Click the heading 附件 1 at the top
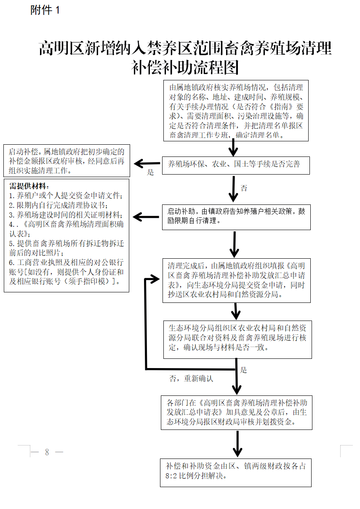coord(45,11)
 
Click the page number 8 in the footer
coord(47,452)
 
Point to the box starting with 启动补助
coord(236,217)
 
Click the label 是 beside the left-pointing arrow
coord(150,172)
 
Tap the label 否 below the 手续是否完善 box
coord(244,188)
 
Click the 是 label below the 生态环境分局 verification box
coord(243,370)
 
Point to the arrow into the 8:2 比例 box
coord(238,445)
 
